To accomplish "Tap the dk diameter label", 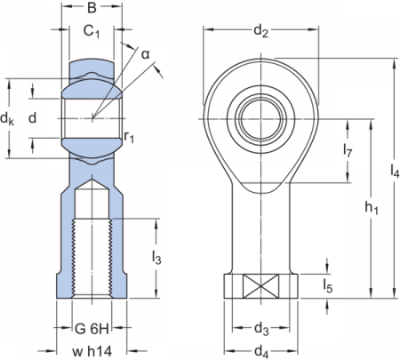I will point(8,118).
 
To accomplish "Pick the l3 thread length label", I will point(156,260).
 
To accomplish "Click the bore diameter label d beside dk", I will point(32,117).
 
